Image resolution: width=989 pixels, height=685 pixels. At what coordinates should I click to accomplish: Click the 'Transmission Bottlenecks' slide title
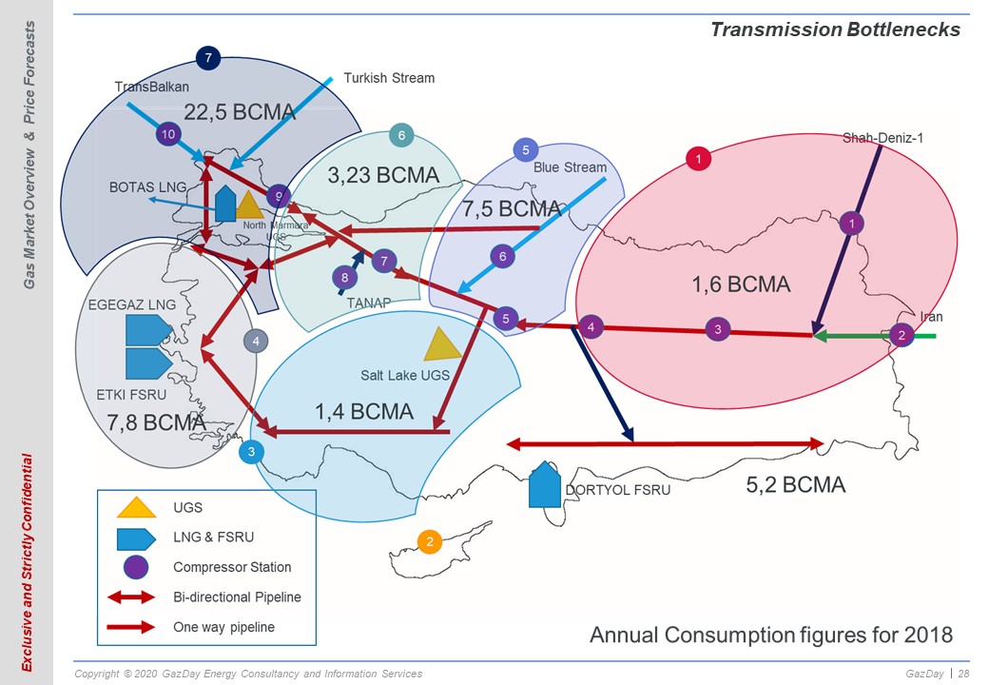835,29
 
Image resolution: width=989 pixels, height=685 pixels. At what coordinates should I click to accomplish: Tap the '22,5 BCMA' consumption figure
240,112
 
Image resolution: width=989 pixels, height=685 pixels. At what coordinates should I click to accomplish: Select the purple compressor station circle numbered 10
167,134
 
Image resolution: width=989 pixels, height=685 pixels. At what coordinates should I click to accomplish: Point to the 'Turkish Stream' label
389,78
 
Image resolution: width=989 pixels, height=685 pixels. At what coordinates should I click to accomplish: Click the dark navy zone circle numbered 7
208,59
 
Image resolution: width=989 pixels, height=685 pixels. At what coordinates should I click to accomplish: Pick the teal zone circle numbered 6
401,135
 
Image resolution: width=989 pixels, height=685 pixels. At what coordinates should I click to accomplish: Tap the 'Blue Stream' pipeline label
571,167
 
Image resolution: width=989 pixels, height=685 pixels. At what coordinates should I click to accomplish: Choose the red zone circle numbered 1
698,158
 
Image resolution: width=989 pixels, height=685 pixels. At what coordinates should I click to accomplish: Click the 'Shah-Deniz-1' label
883,138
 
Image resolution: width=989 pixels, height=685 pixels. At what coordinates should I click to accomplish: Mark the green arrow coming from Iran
874,336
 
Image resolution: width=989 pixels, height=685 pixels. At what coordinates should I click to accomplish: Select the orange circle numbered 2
430,542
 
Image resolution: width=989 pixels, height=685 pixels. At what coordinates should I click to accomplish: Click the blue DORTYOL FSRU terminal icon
544,484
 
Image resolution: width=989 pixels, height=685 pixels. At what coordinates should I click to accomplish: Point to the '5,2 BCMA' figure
796,485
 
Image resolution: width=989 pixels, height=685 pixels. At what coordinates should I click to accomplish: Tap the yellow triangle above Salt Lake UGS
443,345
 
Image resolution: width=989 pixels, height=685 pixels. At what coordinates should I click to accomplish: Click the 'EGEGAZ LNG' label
132,304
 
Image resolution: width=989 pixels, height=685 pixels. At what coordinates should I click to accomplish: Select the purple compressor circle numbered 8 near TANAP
344,278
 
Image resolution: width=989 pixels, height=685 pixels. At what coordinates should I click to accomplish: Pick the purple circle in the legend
136,567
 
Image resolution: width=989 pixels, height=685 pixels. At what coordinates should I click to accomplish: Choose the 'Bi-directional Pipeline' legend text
237,597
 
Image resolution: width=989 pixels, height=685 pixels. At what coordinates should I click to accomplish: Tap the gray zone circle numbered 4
256,342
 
